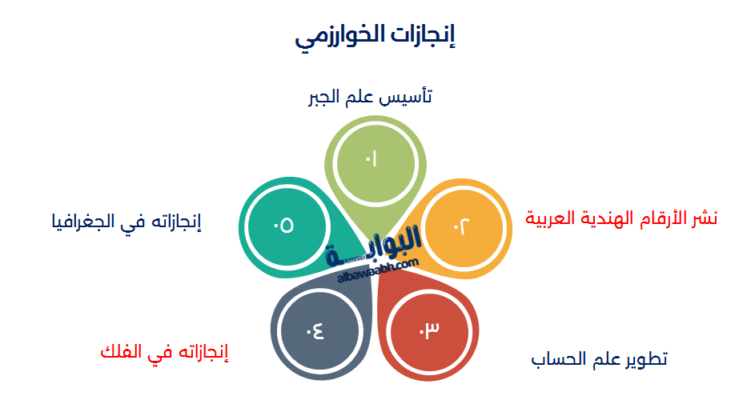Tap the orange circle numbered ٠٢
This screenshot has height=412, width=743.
[462, 226]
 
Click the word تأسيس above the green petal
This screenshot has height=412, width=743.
[413, 98]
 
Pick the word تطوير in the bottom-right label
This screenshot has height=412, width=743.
[646, 359]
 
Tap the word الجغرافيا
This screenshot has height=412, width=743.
[82, 221]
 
